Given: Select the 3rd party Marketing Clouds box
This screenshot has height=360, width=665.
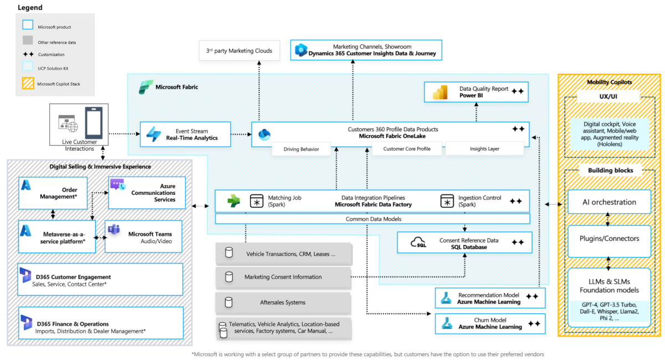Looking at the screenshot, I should coord(239,51).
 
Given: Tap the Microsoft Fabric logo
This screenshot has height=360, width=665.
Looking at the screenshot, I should coord(146,87).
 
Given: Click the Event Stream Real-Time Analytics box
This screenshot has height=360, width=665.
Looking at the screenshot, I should coord(185,134).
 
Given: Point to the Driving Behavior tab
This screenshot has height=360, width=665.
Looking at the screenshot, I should coord(301,149).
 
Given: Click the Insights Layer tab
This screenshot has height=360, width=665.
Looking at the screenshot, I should coord(484,149).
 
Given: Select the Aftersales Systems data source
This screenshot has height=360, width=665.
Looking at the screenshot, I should coord(283,302).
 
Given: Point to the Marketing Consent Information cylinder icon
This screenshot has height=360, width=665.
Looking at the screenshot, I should coord(229,276).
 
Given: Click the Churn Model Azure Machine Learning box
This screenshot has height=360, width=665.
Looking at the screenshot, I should coord(490,323).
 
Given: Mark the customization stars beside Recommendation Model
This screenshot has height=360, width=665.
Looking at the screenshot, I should coord(532,297).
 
